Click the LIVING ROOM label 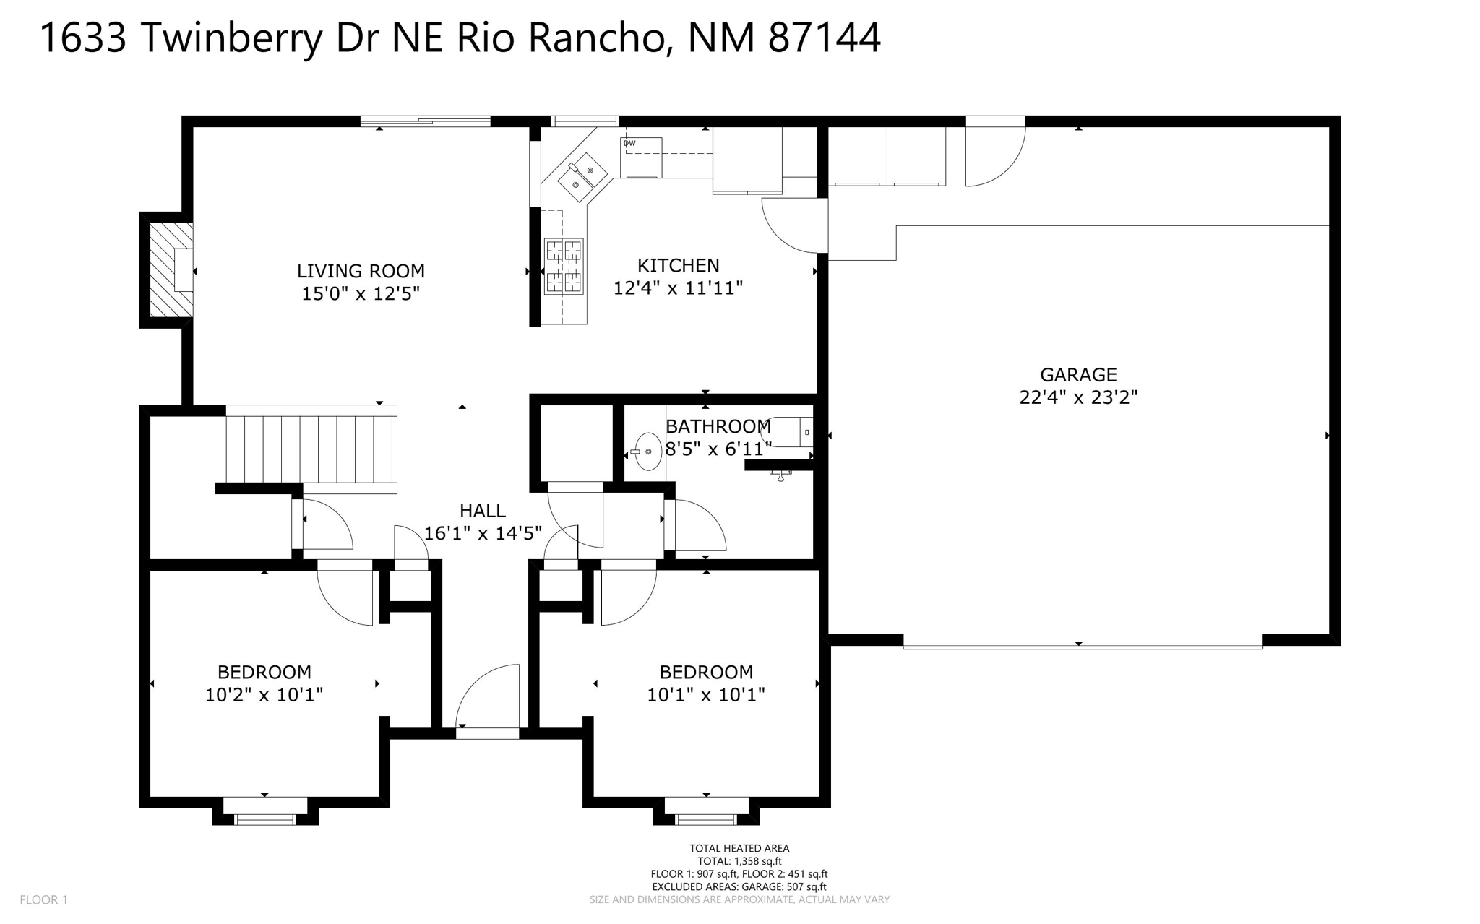(361, 271)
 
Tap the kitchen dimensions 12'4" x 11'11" (678, 288)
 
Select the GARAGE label (1078, 374)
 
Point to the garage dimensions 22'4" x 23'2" (1078, 397)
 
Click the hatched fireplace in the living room (171, 269)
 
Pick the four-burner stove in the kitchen (564, 267)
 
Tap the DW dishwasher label (629, 143)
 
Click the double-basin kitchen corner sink (582, 178)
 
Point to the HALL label (483, 511)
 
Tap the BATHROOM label (718, 426)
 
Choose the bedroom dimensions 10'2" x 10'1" (264, 695)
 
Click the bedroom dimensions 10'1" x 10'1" (706, 695)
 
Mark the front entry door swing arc (488, 696)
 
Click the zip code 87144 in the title (824, 38)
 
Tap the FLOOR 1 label (43, 899)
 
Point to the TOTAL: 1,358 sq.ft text (739, 861)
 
